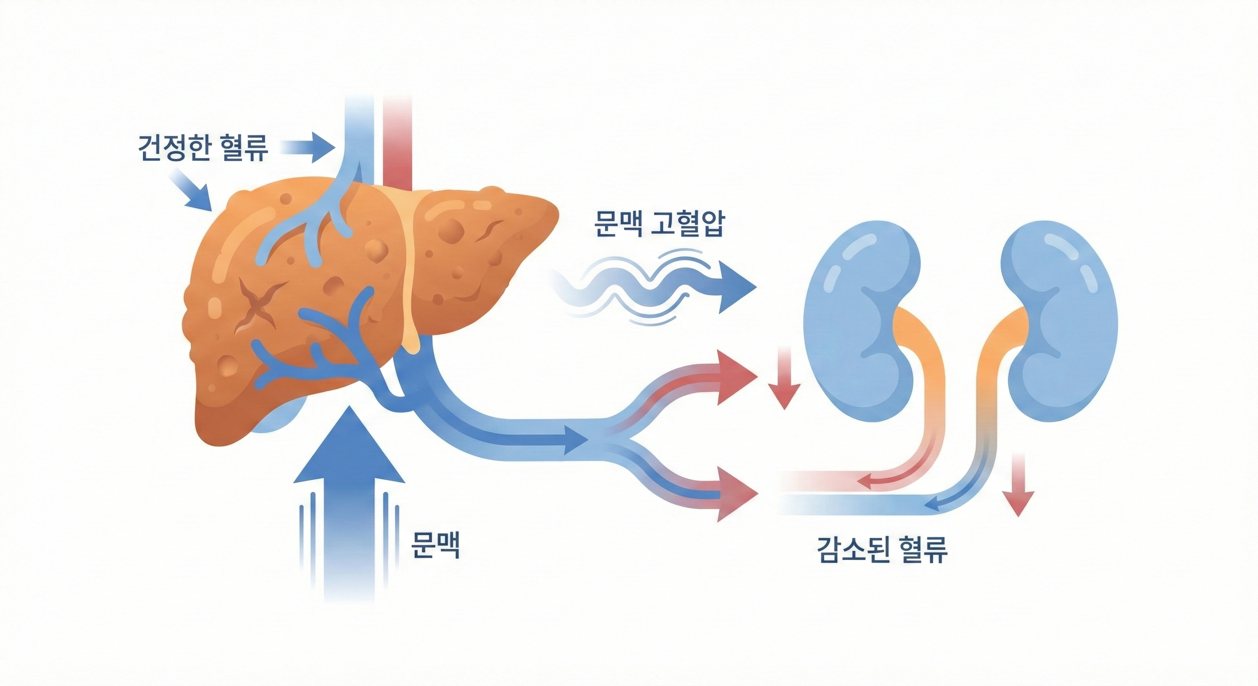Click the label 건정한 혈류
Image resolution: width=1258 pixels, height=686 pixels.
point(204,147)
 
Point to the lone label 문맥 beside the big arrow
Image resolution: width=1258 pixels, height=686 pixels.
point(436,544)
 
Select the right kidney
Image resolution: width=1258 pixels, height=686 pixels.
point(1060,320)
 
